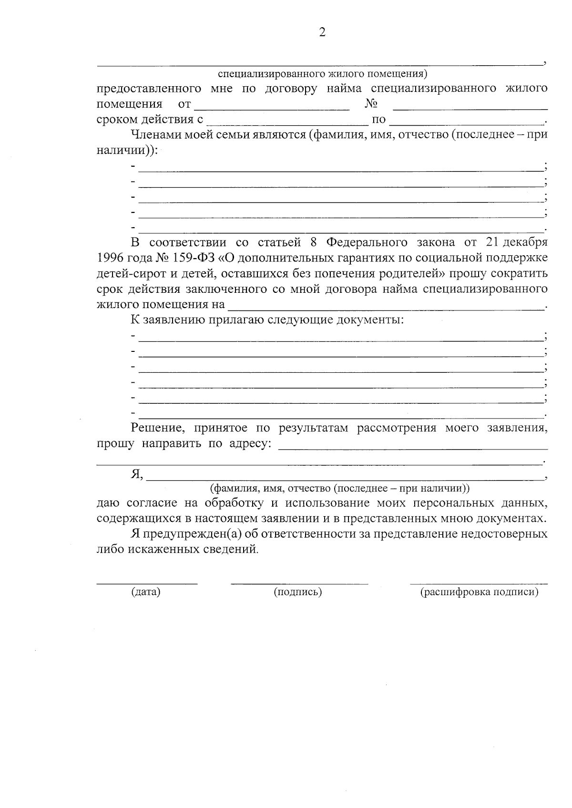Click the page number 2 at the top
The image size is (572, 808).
pos(322,32)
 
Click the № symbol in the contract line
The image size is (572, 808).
pos(372,103)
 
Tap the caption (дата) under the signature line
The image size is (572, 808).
pos(146,592)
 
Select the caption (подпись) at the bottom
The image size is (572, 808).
pos(298,592)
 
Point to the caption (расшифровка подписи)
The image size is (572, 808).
pos(479,592)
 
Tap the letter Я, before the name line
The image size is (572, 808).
pos(136,474)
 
